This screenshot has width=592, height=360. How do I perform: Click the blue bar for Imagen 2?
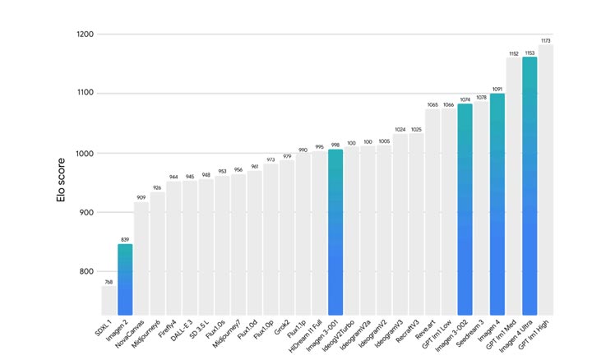click(x=125, y=279)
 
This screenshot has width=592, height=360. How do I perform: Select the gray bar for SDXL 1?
click(x=109, y=301)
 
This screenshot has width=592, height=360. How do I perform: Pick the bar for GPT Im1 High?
click(x=546, y=181)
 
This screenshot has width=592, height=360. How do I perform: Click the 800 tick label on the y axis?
click(x=85, y=272)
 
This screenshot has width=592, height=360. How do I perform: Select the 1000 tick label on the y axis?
click(x=83, y=154)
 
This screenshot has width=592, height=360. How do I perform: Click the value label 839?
click(x=125, y=239)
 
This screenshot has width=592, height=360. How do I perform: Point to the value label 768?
click(x=109, y=281)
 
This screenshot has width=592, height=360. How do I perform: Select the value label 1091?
click(x=497, y=89)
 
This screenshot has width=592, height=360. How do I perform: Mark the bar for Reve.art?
click(x=432, y=213)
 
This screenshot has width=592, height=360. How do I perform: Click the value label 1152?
click(x=514, y=53)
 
